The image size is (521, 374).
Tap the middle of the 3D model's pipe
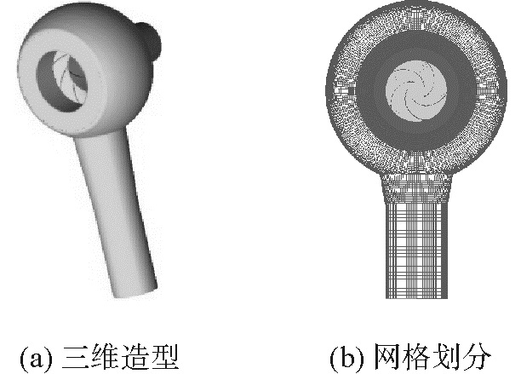pyautogui.click(x=116, y=213)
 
